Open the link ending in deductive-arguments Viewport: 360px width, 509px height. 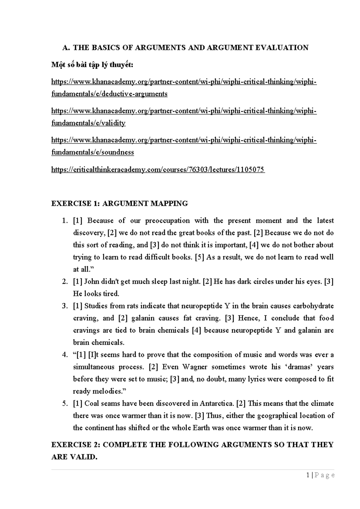[109, 94]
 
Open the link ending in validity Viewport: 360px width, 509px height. [88, 123]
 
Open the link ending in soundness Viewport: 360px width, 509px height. [93, 152]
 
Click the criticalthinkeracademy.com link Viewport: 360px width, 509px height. [158, 170]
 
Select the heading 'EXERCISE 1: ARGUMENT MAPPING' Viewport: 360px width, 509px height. [119, 203]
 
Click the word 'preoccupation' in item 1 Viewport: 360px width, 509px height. [167, 221]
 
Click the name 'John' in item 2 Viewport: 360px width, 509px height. [91, 282]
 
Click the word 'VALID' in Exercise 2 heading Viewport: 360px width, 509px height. [85, 457]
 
